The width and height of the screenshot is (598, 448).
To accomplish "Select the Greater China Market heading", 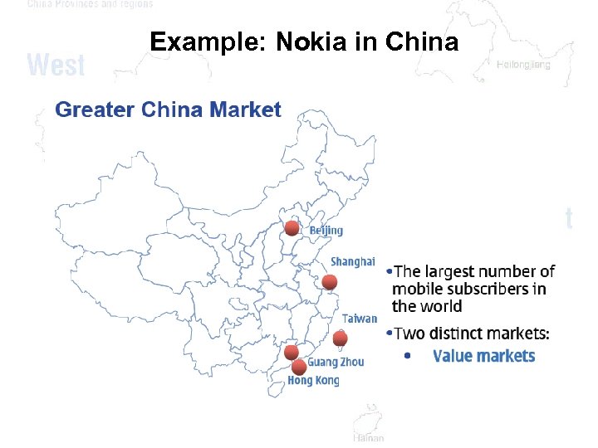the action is point(168,110).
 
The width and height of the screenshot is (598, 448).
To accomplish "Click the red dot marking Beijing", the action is point(292,228).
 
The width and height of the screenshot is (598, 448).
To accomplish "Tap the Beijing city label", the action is point(326,230).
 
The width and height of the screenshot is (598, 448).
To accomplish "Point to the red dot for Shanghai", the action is point(330,282).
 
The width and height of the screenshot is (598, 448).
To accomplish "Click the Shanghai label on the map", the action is point(352,261).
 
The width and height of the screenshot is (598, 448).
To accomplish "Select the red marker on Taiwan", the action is point(340,338).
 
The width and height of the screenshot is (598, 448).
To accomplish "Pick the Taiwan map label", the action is point(359,319).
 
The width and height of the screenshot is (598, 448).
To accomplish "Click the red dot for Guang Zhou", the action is point(292,353).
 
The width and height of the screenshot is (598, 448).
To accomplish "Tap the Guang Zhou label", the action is point(336,362).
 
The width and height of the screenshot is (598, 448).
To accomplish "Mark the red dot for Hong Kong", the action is point(299,367).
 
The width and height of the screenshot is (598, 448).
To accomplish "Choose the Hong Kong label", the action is point(313,381).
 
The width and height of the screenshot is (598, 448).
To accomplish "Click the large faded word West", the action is point(56,65).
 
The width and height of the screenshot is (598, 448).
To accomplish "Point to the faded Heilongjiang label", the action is point(523,65).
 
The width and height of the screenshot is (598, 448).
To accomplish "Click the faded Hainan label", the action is point(368,437).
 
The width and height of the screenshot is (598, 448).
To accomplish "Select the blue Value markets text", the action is point(484,356).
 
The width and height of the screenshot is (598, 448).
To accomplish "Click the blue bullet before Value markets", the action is point(406,356).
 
